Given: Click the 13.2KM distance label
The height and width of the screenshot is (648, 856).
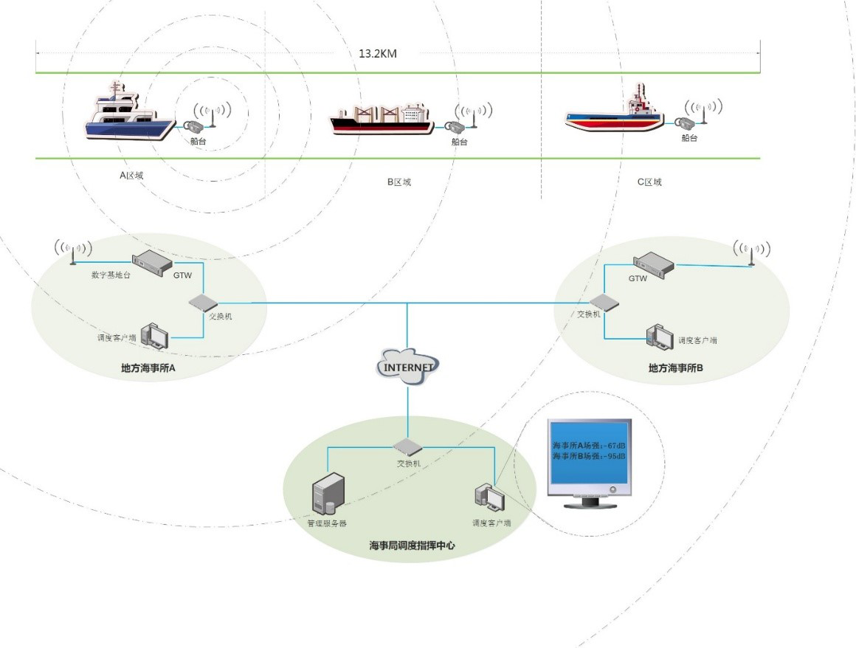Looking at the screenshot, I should click(x=378, y=53).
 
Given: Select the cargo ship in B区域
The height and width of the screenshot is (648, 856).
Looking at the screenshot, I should click(x=382, y=119).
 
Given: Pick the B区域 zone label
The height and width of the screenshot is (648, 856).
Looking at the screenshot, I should click(x=398, y=182).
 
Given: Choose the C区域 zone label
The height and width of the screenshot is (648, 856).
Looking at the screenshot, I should click(x=649, y=182).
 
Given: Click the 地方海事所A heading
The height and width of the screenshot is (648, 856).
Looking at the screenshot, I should click(x=148, y=367).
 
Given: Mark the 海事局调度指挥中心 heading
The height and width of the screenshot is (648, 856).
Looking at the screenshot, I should click(x=412, y=546).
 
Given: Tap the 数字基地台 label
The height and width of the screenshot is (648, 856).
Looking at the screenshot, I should click(x=111, y=275).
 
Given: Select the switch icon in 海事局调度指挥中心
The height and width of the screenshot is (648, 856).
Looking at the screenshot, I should click(x=407, y=447).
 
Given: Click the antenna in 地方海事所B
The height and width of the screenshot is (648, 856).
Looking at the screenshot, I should click(x=751, y=252).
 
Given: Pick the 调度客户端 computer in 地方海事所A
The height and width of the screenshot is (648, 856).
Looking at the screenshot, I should click(x=155, y=336).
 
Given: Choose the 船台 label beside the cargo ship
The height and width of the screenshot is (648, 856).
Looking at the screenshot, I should click(x=459, y=142).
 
